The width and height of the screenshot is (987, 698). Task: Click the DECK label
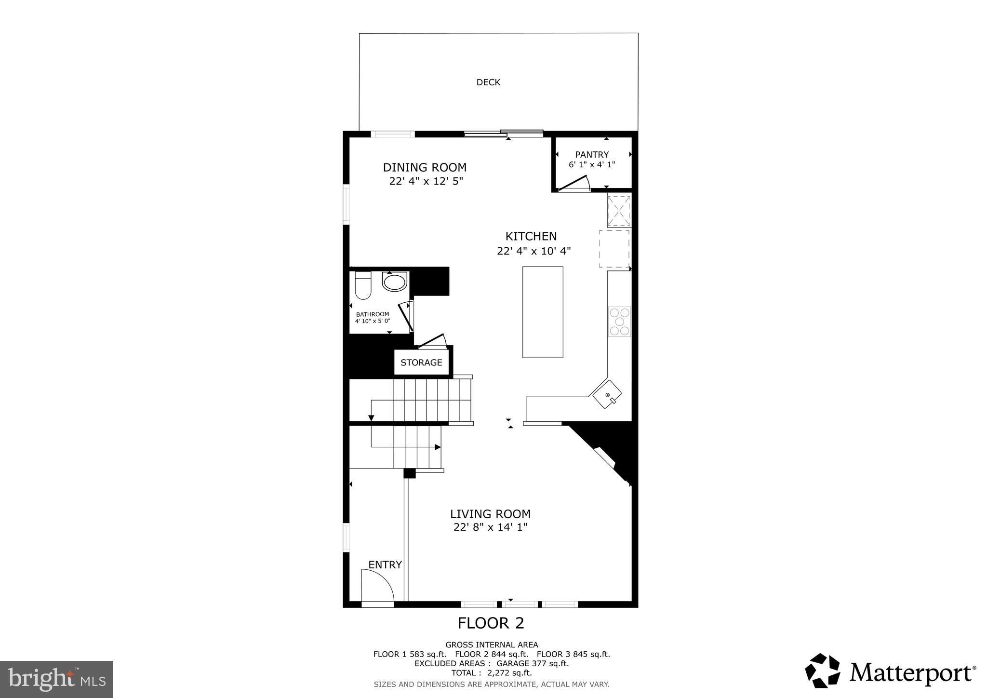(x=488, y=82)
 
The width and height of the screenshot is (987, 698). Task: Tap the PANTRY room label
(x=592, y=155)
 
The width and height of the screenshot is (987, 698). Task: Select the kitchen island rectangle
(x=543, y=312)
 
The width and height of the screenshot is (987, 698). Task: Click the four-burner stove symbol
(x=619, y=321)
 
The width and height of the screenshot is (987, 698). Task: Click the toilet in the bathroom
(x=362, y=286)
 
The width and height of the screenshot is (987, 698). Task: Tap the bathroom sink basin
(x=394, y=281)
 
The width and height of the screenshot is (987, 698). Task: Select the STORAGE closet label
(x=421, y=362)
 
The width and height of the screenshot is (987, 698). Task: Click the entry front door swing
(x=378, y=585)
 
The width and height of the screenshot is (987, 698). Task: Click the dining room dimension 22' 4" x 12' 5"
(x=426, y=181)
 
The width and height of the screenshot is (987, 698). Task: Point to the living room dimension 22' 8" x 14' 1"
(x=490, y=527)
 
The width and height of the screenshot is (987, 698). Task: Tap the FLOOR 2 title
(x=490, y=623)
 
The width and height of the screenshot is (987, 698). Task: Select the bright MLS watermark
(x=56, y=680)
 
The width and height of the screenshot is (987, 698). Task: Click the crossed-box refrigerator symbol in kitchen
(x=619, y=210)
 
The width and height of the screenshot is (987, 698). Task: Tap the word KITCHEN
(x=531, y=237)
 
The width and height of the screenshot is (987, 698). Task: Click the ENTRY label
(x=385, y=565)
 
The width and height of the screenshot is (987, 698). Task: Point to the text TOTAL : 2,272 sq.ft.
(x=491, y=673)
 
